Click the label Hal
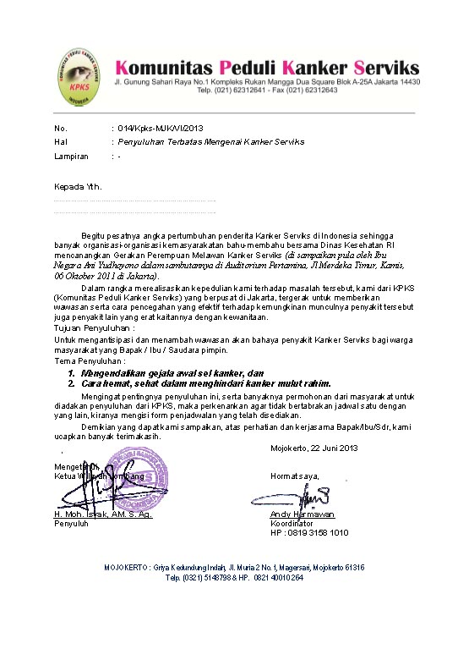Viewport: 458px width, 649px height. (60, 141)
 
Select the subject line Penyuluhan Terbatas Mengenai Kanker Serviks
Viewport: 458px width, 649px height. (211, 141)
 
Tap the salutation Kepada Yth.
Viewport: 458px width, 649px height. (77, 186)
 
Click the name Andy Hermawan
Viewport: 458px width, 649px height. (302, 514)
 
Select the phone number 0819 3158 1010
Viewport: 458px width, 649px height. (318, 533)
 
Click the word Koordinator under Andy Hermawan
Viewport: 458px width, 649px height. (292, 524)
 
